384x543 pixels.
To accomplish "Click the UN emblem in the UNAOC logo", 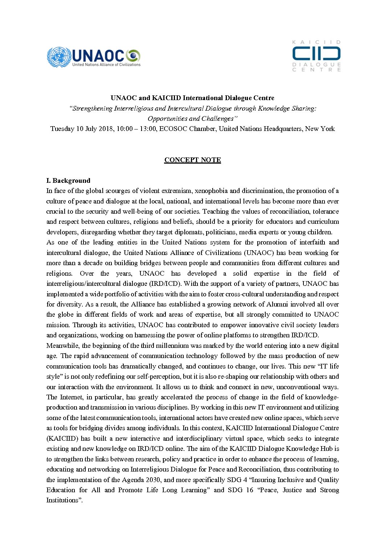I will (59, 57).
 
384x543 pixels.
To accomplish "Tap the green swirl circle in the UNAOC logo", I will (133, 55).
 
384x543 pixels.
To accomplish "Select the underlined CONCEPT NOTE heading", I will (192, 160).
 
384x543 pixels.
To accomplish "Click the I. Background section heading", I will (68, 181).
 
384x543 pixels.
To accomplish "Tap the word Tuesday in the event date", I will (62, 129).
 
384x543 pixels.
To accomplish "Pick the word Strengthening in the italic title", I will (92, 108).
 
